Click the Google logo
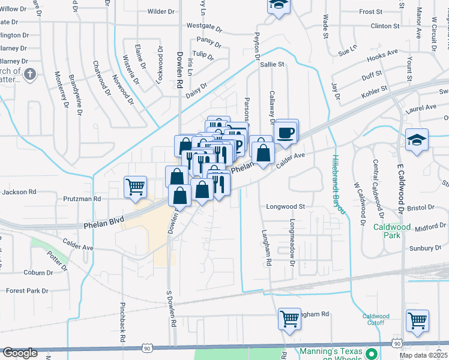click(x=20, y=353)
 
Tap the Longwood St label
click(x=286, y=206)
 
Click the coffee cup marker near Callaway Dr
click(x=286, y=131)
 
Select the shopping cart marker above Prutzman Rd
click(x=135, y=186)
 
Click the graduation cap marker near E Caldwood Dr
click(x=417, y=140)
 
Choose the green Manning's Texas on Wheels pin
click(x=371, y=354)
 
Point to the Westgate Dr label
click(x=204, y=27)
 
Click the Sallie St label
click(x=271, y=64)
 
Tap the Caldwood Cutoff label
click(x=376, y=319)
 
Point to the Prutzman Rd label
click(x=81, y=198)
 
